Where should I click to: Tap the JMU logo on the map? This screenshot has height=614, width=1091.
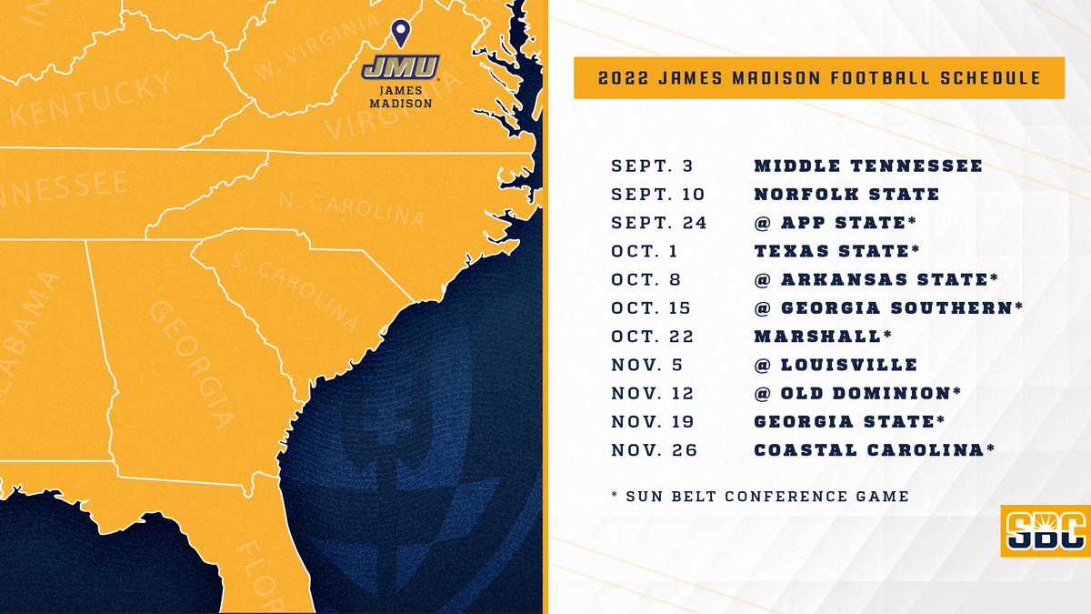click(400, 67)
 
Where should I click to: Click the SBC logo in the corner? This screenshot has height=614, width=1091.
click(1046, 530)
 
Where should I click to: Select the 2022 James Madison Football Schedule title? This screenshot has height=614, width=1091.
click(819, 79)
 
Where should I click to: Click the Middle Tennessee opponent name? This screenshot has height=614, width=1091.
click(868, 166)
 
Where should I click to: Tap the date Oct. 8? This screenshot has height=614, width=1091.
click(646, 280)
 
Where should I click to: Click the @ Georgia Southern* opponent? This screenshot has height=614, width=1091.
click(888, 308)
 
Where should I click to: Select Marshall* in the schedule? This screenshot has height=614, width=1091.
click(823, 337)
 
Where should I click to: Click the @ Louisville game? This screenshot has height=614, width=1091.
click(836, 365)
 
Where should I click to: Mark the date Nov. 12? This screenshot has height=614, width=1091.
click(652, 394)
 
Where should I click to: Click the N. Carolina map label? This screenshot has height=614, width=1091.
click(351, 209)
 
